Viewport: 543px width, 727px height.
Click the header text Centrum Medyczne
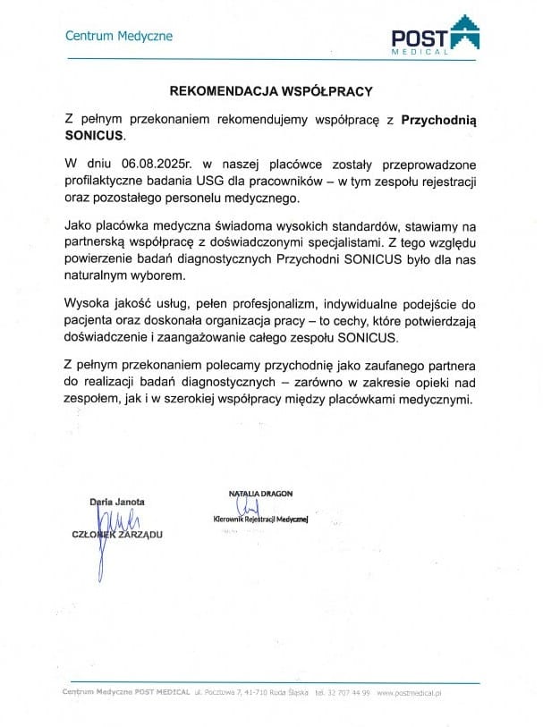click(x=119, y=37)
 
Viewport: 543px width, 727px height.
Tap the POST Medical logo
click(x=435, y=36)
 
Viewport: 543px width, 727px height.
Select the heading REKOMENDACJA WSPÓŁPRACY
click(x=271, y=91)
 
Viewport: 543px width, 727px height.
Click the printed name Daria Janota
click(x=116, y=502)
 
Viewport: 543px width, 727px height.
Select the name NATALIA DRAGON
click(x=260, y=493)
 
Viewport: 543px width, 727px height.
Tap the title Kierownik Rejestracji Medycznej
click(x=259, y=519)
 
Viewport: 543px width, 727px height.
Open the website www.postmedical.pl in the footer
click(x=411, y=693)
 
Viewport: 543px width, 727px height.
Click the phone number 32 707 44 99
click(x=347, y=693)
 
